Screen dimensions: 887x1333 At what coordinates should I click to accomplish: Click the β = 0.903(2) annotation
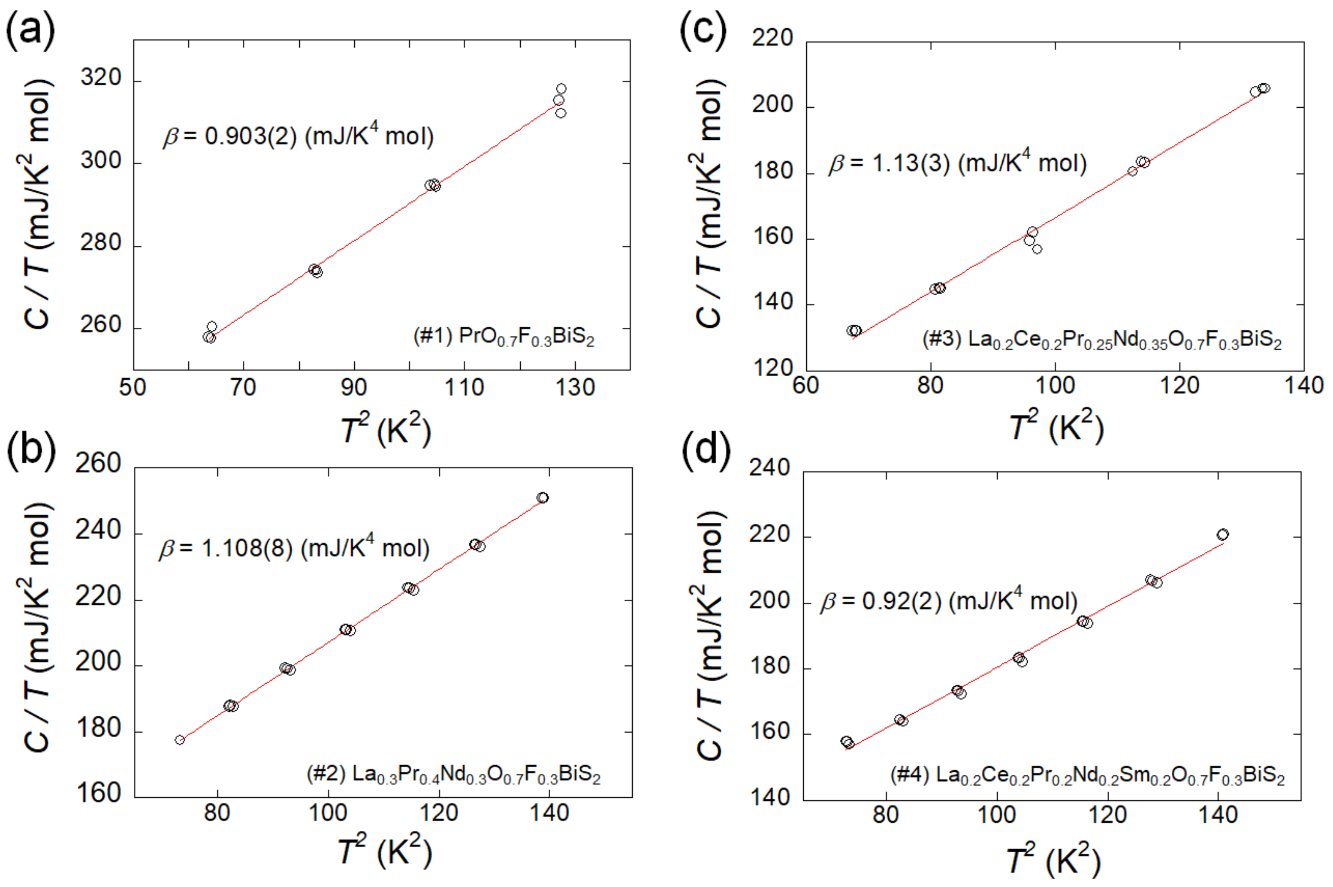tap(298, 136)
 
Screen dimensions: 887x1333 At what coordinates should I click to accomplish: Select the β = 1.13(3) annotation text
tap(957, 163)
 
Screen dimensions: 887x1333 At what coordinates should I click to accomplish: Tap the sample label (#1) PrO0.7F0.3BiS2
tap(504, 337)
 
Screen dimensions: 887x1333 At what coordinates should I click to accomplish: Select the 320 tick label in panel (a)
tap(101, 78)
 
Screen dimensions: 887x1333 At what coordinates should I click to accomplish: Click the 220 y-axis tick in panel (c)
tap(772, 39)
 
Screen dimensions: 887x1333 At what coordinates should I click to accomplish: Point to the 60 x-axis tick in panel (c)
tap(806, 386)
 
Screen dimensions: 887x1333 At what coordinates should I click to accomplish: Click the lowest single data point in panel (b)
tap(180, 740)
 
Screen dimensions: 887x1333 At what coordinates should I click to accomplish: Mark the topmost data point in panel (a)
tap(561, 89)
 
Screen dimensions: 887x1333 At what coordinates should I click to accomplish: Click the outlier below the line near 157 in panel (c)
tap(1037, 249)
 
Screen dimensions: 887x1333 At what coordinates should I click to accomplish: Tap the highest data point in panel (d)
tap(1223, 534)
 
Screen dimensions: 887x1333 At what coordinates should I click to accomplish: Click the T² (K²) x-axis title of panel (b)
tap(385, 851)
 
